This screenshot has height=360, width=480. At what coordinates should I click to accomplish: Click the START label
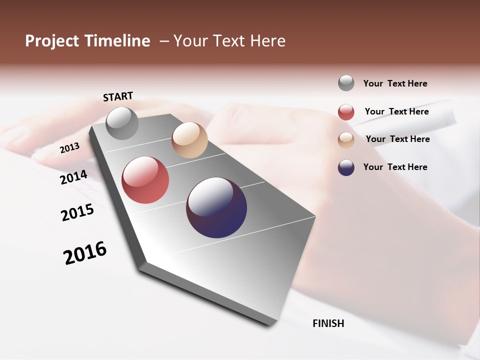(118, 96)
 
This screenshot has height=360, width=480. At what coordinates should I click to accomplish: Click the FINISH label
(328, 323)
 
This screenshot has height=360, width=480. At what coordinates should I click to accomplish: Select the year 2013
(69, 147)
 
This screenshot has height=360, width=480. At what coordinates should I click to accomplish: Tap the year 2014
(73, 177)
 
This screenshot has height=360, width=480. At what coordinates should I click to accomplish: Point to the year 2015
(77, 212)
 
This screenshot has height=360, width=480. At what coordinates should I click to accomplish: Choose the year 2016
(85, 252)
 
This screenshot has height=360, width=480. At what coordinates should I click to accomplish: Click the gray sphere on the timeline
(122, 123)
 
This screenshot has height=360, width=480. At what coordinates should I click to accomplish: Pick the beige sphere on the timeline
(189, 140)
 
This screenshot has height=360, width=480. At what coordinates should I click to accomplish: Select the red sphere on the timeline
(145, 180)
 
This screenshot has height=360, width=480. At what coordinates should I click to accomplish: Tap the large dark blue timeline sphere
(216, 207)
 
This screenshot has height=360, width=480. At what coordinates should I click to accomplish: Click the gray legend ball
(346, 83)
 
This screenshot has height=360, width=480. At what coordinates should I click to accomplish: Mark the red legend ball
(346, 112)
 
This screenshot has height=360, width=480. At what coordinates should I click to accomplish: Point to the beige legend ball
(346, 140)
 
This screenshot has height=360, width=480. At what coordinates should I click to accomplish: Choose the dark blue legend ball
(346, 167)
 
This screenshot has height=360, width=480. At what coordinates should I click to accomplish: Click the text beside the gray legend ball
(395, 83)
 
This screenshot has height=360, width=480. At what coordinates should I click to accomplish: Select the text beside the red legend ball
(396, 111)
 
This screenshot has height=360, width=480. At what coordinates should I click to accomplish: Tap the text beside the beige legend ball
(397, 139)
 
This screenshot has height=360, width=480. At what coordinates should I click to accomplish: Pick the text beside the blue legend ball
(395, 167)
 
